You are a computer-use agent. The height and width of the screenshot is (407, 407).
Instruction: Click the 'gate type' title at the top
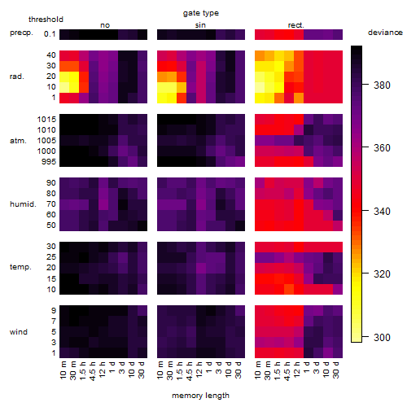tap(201, 13)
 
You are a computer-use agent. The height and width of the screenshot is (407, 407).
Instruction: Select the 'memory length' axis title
tap(200, 396)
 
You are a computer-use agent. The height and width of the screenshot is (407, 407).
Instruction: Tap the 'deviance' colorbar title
tap(385, 33)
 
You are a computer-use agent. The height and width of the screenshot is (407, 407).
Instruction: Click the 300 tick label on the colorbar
tap(382, 338)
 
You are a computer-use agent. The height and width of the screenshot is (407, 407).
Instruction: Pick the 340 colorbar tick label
tap(382, 211)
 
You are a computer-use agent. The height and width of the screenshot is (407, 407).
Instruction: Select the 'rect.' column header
tap(296, 25)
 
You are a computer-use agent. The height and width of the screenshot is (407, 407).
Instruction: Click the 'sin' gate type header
tap(200, 25)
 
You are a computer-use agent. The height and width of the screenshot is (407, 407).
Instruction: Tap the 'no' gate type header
tap(105, 25)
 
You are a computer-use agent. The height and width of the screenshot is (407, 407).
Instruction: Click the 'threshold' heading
tap(46, 20)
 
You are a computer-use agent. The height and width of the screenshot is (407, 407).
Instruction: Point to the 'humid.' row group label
tap(23, 204)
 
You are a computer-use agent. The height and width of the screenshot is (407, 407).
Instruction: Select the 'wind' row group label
tap(19, 332)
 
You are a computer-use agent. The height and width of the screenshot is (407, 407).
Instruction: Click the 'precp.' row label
tap(21, 33)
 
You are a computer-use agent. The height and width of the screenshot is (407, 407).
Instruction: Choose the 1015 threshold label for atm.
tap(46, 119)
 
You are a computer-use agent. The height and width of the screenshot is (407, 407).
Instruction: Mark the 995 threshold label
tap(49, 161)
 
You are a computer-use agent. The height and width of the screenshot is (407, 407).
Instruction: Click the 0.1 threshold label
tap(50, 34)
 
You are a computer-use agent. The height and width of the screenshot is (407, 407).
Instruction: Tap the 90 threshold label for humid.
tap(51, 182)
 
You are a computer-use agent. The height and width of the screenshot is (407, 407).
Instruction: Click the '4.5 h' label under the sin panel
tap(190, 371)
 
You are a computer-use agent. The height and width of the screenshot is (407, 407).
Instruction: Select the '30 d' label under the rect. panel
tap(336, 370)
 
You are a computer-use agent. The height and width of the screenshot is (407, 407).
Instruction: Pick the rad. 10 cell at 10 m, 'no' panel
tap(64, 87)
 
